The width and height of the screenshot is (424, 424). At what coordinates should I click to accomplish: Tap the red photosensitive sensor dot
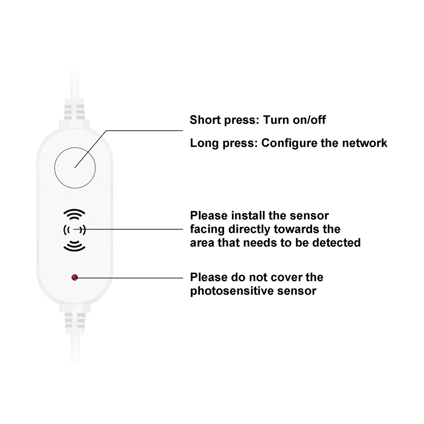pyautogui.click(x=75, y=277)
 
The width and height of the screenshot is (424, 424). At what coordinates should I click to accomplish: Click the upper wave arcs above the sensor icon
pyautogui.click(x=74, y=214)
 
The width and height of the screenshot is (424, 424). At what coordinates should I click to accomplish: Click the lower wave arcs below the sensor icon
pyautogui.click(x=74, y=246)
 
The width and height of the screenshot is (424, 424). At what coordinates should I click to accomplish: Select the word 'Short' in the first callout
pyautogui.click(x=205, y=120)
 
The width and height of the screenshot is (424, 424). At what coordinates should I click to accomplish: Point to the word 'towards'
pyautogui.click(x=296, y=229)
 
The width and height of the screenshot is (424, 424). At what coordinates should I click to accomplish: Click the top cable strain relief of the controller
pyautogui.click(x=74, y=110)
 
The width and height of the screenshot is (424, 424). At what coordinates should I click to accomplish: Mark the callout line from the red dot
pyautogui.click(x=129, y=278)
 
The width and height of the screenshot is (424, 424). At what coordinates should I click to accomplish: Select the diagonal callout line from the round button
pyautogui.click(x=90, y=149)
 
